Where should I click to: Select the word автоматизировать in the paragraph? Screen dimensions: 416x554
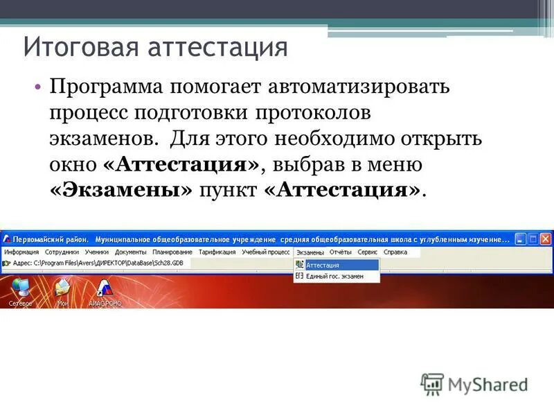coord(359,88)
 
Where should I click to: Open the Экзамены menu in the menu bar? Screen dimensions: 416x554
coord(310,252)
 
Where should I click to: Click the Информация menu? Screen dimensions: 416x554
coord(21,252)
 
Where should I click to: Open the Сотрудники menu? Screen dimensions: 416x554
coord(62,252)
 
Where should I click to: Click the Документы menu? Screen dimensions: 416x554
coord(130,252)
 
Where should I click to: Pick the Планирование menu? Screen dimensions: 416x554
coord(172,252)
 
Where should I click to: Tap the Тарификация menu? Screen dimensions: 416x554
coord(217,252)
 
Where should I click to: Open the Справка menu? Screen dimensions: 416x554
coord(395,252)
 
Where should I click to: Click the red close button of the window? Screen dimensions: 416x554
coord(546,239)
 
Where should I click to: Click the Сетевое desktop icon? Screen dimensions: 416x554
coord(20,291)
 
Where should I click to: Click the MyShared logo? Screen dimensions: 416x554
coord(475,383)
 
